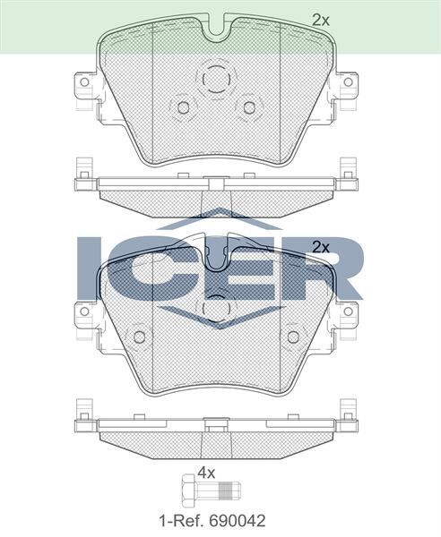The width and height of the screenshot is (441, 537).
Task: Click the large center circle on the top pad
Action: tap(215, 81)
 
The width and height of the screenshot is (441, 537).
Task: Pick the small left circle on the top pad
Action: tap(184, 108)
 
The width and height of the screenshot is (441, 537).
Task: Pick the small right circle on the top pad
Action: tap(246, 108)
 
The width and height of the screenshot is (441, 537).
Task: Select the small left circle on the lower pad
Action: tap(139, 337)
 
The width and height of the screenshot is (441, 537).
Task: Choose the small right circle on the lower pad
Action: tap(292, 337)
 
